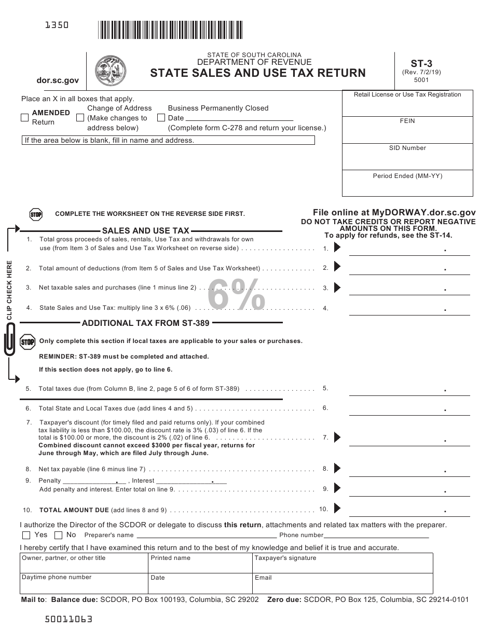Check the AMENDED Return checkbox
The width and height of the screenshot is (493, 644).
24,118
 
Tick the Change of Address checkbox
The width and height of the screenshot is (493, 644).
80,118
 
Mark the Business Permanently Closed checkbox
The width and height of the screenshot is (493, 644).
161,118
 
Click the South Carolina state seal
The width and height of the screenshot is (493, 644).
111,71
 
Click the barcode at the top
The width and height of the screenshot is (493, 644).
170,30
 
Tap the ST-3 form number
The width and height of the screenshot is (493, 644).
421,64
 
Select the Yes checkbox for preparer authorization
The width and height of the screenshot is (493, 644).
26,535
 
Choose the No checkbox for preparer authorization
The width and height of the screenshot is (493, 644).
58,535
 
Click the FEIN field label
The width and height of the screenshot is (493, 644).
407,121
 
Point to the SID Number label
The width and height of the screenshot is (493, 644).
407,148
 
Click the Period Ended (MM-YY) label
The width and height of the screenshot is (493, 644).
407,176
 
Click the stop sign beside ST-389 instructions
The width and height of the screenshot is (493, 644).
28,341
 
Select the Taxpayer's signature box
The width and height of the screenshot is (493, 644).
343,563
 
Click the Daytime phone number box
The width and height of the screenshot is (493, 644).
84,583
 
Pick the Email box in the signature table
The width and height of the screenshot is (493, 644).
343,583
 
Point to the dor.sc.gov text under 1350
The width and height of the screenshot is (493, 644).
58,80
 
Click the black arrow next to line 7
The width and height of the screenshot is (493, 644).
337,437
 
